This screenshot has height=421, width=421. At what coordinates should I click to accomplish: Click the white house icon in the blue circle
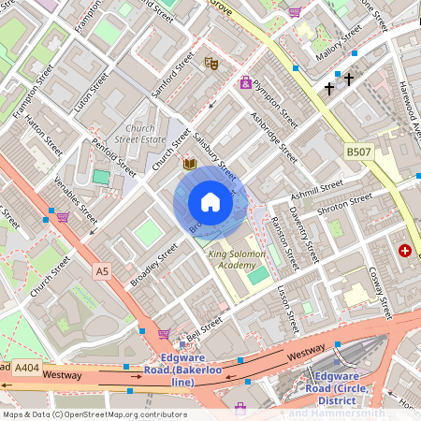pyautogui.click(x=210, y=202)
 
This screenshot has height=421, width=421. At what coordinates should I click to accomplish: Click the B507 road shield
pyautogui.click(x=356, y=150)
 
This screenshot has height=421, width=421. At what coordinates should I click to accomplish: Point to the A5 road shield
pyautogui.click(x=102, y=270)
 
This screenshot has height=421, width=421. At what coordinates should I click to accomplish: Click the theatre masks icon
pyautogui.click(x=211, y=63)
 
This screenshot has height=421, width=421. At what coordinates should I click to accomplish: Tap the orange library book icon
pyautogui.click(x=189, y=164)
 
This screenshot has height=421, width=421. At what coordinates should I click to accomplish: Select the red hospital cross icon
pyautogui.click(x=405, y=251)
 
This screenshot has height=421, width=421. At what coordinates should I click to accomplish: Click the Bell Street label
pyautogui.click(x=203, y=327)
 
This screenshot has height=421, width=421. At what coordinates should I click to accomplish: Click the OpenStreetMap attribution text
pyautogui.click(x=94, y=414)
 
